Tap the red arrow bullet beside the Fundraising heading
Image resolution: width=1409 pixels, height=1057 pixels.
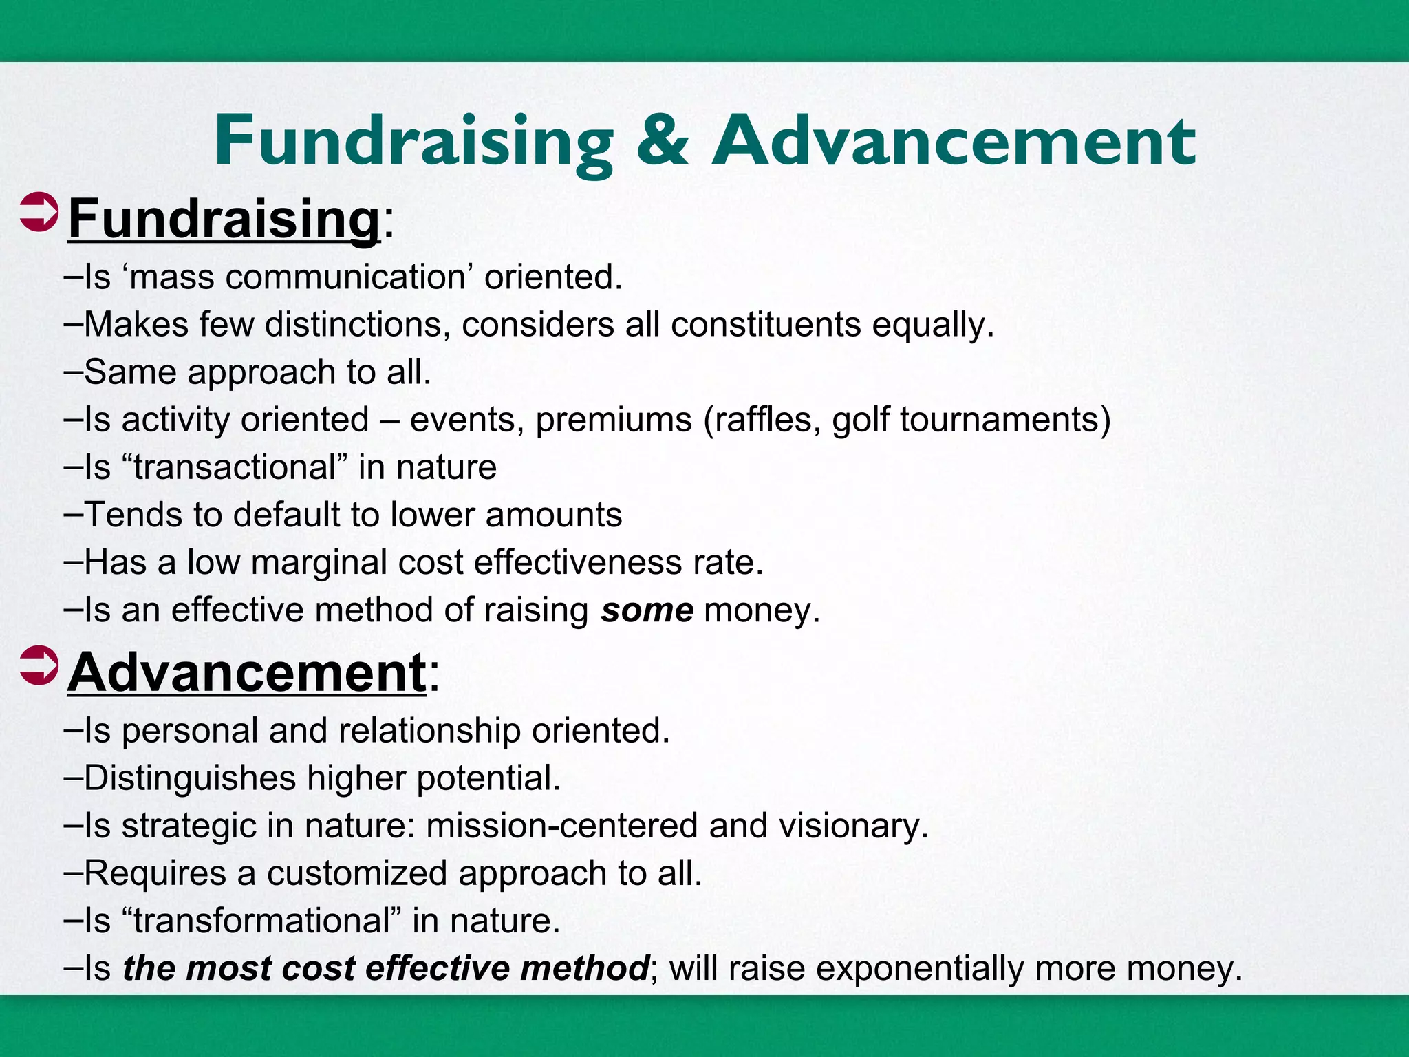pos(39,213)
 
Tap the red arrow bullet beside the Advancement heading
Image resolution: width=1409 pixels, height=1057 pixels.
pos(39,666)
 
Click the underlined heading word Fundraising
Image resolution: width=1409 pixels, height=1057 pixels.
pos(224,219)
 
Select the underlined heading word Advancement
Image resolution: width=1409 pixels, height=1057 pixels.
pos(247,672)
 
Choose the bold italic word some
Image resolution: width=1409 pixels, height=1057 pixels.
pos(647,610)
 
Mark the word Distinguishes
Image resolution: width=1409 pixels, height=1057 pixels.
pos(190,778)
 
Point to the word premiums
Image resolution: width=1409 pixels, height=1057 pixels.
pos(614,420)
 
